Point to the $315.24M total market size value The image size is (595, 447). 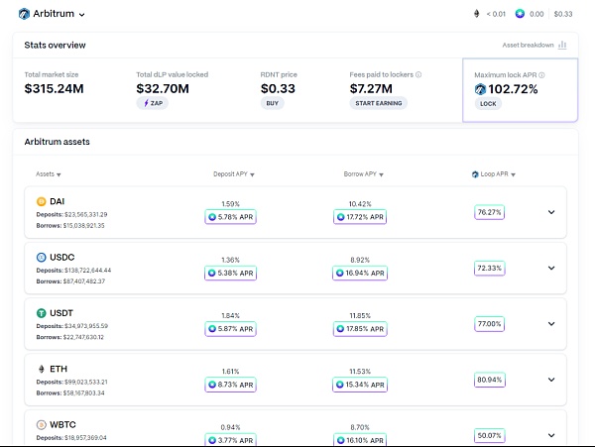(54, 88)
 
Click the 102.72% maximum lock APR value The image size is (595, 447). (514, 89)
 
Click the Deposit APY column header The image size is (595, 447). (234, 173)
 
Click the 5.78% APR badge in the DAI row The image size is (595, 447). (230, 217)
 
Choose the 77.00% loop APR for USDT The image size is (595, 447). (489, 323)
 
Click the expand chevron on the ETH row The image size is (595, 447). (552, 379)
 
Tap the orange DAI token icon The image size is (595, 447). (42, 201)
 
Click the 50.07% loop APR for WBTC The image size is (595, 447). (489, 434)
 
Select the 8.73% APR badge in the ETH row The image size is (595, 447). (230, 384)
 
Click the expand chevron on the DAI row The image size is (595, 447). (552, 211)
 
